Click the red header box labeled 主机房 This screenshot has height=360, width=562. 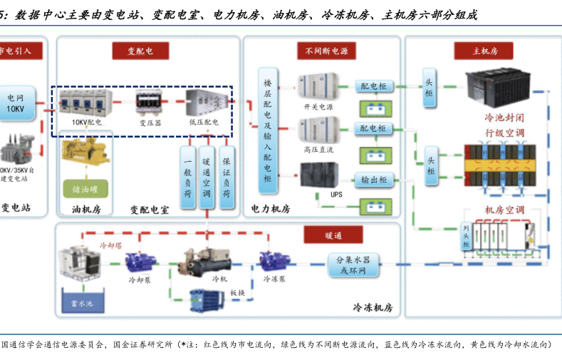point(484,51)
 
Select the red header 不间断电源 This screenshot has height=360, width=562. point(326,51)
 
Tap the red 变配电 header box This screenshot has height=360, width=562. point(140,51)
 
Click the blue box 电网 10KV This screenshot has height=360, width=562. point(15,103)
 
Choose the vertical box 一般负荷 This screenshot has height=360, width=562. point(187,178)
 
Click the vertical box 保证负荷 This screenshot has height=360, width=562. point(227,178)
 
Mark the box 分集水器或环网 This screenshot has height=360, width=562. point(353,264)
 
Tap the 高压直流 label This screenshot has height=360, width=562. point(318,149)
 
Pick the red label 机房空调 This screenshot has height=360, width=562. point(504,210)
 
